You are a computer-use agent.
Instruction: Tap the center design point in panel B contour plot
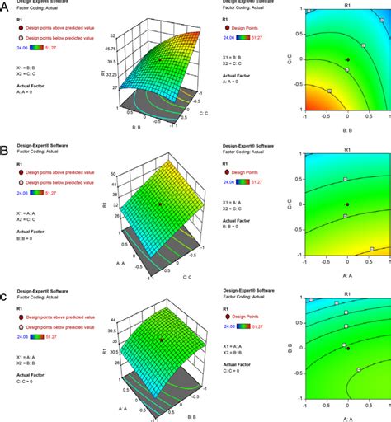pos(347,204)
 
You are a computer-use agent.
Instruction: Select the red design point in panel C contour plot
pos(347,348)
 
